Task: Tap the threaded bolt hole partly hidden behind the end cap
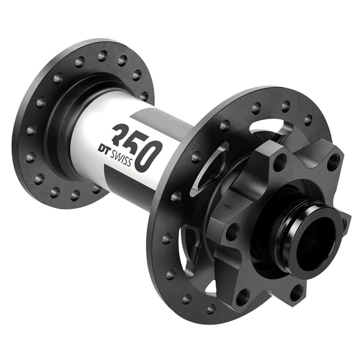pos(345,225)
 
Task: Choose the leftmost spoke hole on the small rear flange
pos(31,130)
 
